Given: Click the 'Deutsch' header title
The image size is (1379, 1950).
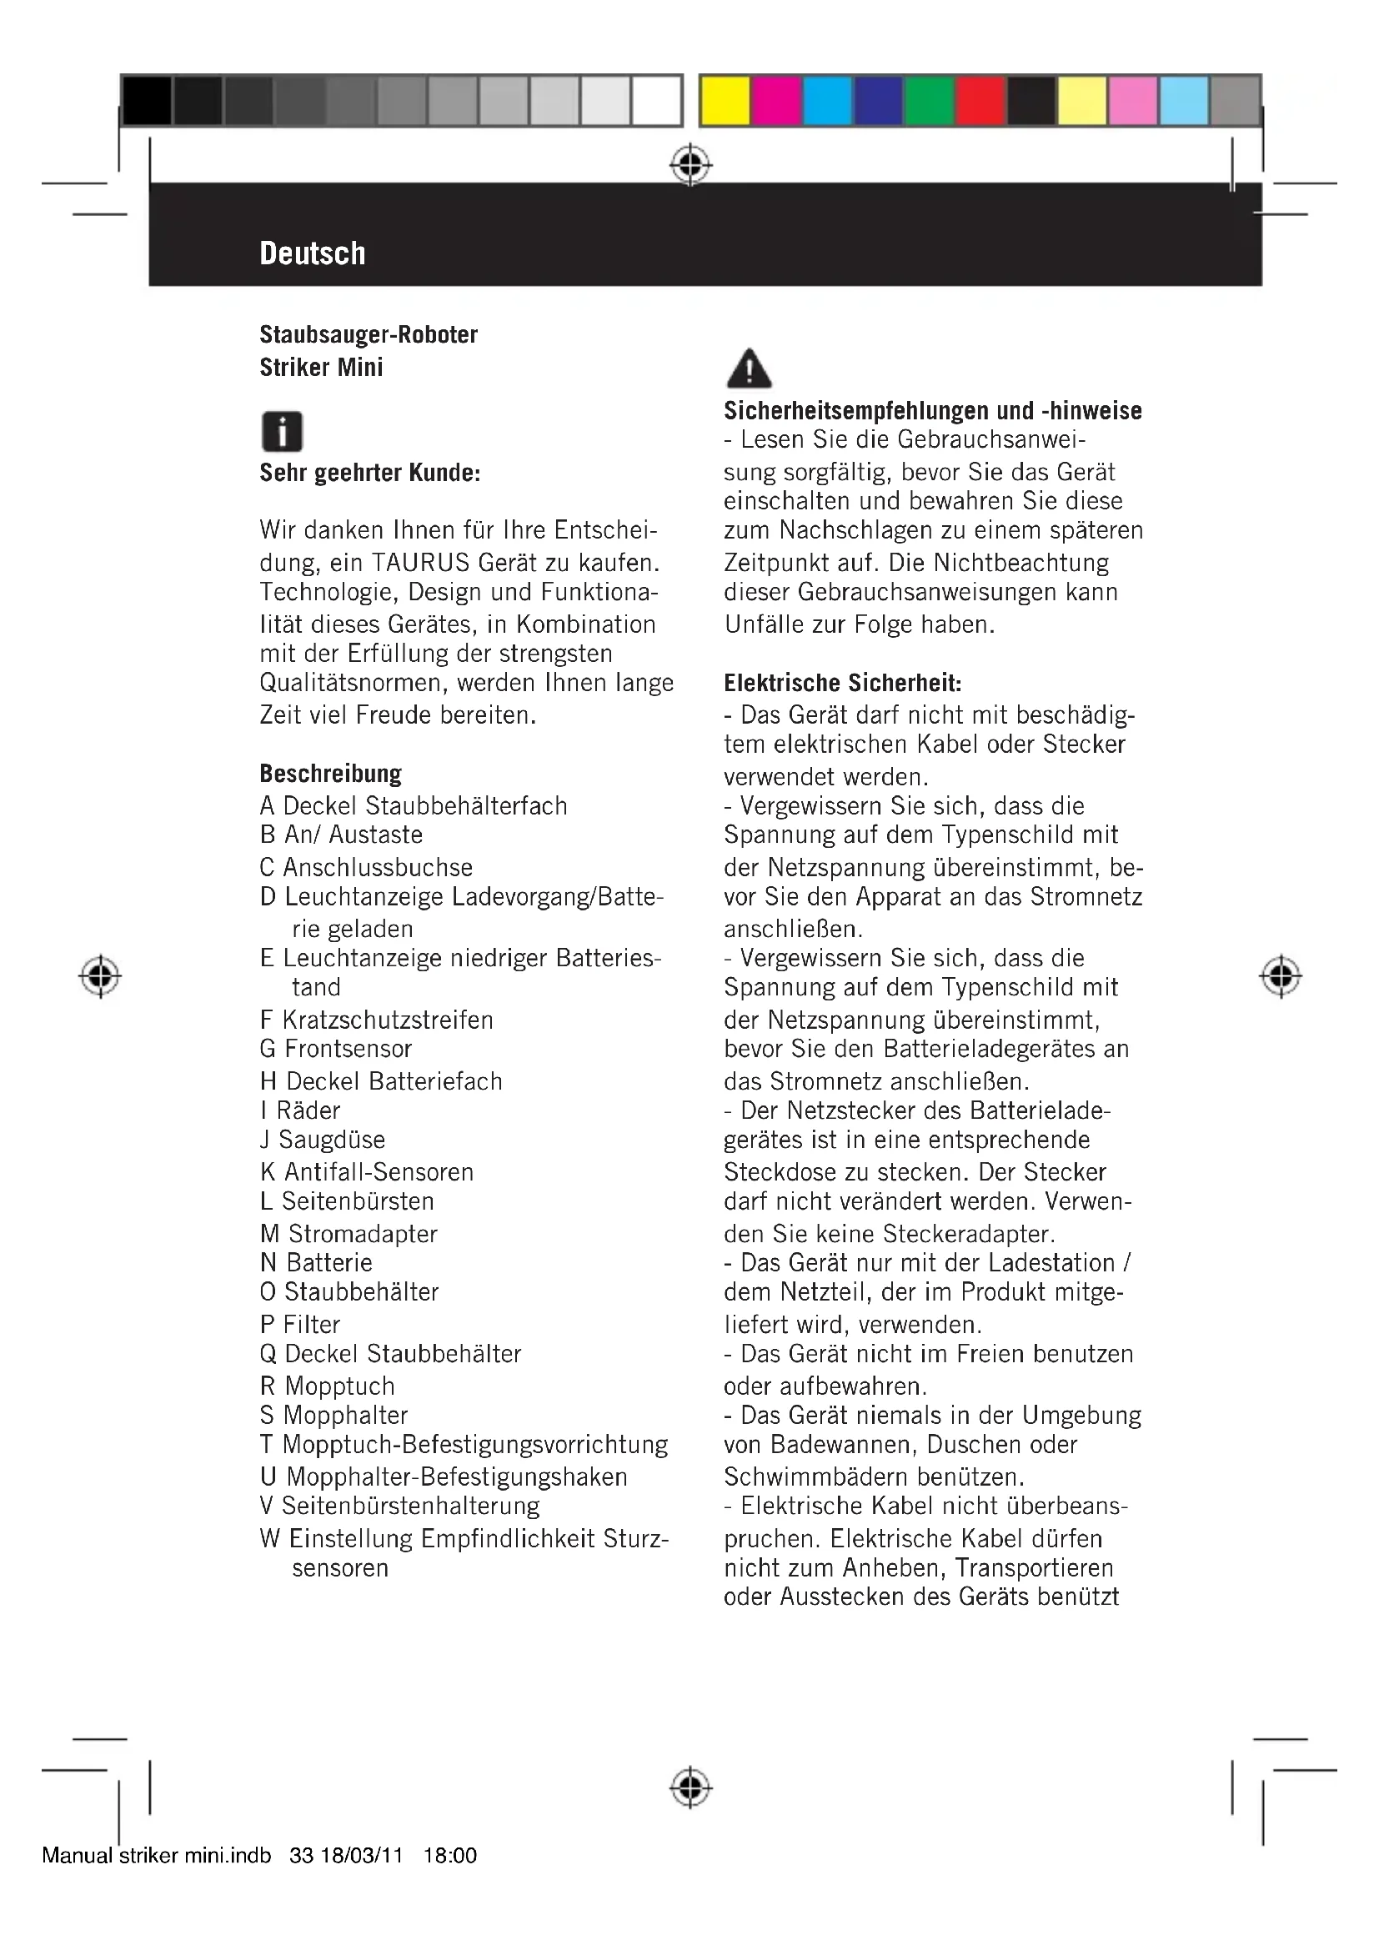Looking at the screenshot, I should click(x=313, y=253).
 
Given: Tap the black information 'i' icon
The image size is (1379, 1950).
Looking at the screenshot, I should click(x=282, y=432).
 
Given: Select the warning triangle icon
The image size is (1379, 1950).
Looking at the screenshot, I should click(x=750, y=368).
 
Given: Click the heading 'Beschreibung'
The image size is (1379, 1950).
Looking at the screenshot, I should click(x=330, y=774).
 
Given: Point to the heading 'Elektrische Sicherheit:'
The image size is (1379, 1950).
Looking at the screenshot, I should click(x=842, y=683).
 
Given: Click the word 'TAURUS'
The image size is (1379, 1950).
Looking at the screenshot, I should click(x=420, y=562).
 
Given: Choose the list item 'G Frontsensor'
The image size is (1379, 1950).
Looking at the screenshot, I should click(x=335, y=1049).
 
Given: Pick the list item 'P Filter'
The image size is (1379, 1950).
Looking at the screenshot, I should click(x=300, y=1324).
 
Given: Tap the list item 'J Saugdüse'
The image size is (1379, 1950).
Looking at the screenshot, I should click(x=323, y=1140).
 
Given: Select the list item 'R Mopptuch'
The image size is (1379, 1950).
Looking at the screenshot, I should click(x=327, y=1386).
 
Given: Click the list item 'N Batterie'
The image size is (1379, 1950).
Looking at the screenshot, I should click(x=316, y=1263).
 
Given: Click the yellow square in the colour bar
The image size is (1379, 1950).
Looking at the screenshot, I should click(x=725, y=101).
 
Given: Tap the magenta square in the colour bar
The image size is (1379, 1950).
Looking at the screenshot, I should click(x=776, y=101).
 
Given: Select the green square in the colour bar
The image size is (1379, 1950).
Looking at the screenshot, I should click(x=929, y=101).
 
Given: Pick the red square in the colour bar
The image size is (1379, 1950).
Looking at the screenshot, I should click(x=980, y=101).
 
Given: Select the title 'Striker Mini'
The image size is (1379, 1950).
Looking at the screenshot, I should click(x=321, y=368).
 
